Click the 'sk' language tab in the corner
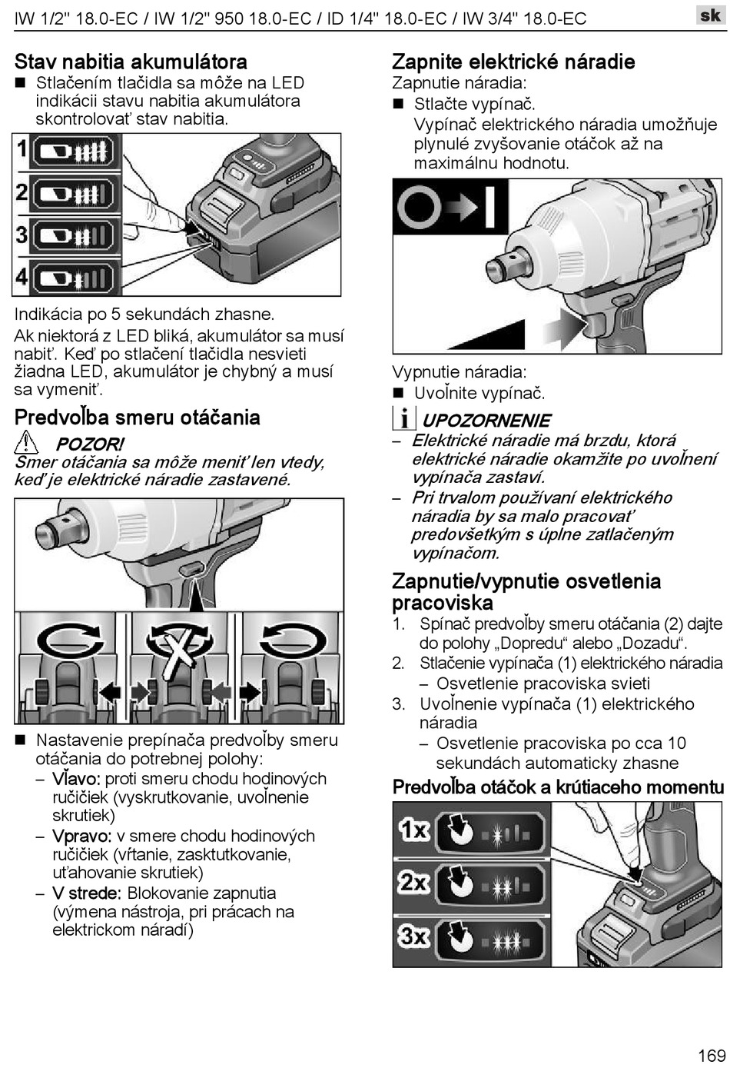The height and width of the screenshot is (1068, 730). pyautogui.click(x=710, y=15)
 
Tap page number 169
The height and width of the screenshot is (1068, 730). pyautogui.click(x=712, y=1055)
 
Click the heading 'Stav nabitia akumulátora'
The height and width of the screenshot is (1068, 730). pyautogui.click(x=131, y=62)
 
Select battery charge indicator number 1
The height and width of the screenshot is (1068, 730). pyautogui.click(x=73, y=151)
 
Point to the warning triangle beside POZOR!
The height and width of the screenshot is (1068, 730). pyautogui.click(x=26, y=442)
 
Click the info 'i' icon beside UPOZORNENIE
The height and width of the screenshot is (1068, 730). pyautogui.click(x=404, y=418)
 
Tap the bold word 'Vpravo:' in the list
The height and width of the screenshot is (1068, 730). pyautogui.click(x=82, y=836)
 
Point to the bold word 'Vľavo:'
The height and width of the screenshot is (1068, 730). pyautogui.click(x=76, y=779)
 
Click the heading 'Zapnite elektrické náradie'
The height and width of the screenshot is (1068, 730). pyautogui.click(x=513, y=62)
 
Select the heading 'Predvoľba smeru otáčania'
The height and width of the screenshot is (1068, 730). pyautogui.click(x=138, y=418)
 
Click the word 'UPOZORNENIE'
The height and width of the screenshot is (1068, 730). pyautogui.click(x=486, y=421)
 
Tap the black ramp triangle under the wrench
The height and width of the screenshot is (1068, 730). pyautogui.click(x=487, y=334)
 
